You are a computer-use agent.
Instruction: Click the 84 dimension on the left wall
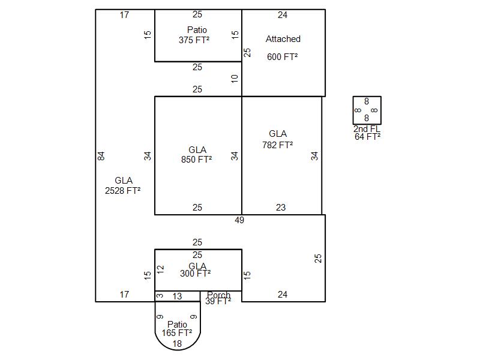click(101, 156)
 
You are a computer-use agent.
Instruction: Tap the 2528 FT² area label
click(123, 191)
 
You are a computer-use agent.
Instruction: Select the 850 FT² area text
click(197, 160)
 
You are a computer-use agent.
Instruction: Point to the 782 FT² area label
click(278, 145)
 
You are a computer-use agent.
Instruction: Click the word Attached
click(283, 39)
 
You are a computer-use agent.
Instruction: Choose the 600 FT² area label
click(283, 56)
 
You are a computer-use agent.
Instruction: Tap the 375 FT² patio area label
click(194, 40)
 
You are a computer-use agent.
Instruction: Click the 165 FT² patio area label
click(177, 332)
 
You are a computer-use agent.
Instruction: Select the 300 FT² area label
click(196, 274)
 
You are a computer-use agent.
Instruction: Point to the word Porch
click(219, 295)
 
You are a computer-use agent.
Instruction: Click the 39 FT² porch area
click(218, 302)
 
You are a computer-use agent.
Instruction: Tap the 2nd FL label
click(367, 129)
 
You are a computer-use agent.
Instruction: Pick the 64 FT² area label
click(367, 137)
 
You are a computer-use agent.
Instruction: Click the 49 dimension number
click(239, 220)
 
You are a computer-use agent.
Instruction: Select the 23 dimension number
click(281, 208)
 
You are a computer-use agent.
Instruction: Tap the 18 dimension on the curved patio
click(178, 344)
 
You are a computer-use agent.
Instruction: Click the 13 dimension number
click(178, 296)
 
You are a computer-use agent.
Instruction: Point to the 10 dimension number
click(235, 78)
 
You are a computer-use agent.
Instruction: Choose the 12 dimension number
click(160, 269)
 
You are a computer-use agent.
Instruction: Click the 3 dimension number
click(160, 296)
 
